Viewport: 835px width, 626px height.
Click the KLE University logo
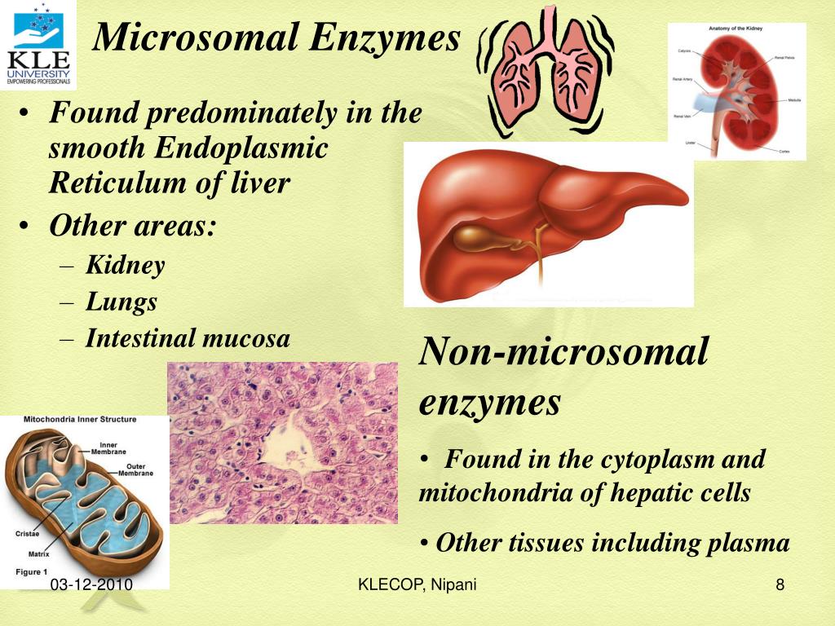pyautogui.click(x=38, y=44)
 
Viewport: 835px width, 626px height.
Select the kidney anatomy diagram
pyautogui.click(x=736, y=91)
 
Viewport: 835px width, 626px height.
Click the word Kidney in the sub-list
pyautogui.click(x=126, y=265)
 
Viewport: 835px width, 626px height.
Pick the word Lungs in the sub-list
pyautogui.click(x=121, y=302)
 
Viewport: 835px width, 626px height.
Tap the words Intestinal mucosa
pyautogui.click(x=188, y=337)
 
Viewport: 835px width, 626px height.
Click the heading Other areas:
pyautogui.click(x=133, y=226)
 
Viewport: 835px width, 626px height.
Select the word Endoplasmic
pyautogui.click(x=241, y=148)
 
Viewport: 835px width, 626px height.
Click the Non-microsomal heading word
pyautogui.click(x=563, y=352)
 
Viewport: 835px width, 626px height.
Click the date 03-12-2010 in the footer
pyautogui.click(x=91, y=585)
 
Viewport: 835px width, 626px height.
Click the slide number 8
pyautogui.click(x=780, y=584)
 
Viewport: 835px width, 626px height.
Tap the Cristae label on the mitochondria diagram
pyautogui.click(x=27, y=534)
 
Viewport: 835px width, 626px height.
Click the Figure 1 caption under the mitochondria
pyautogui.click(x=32, y=571)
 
